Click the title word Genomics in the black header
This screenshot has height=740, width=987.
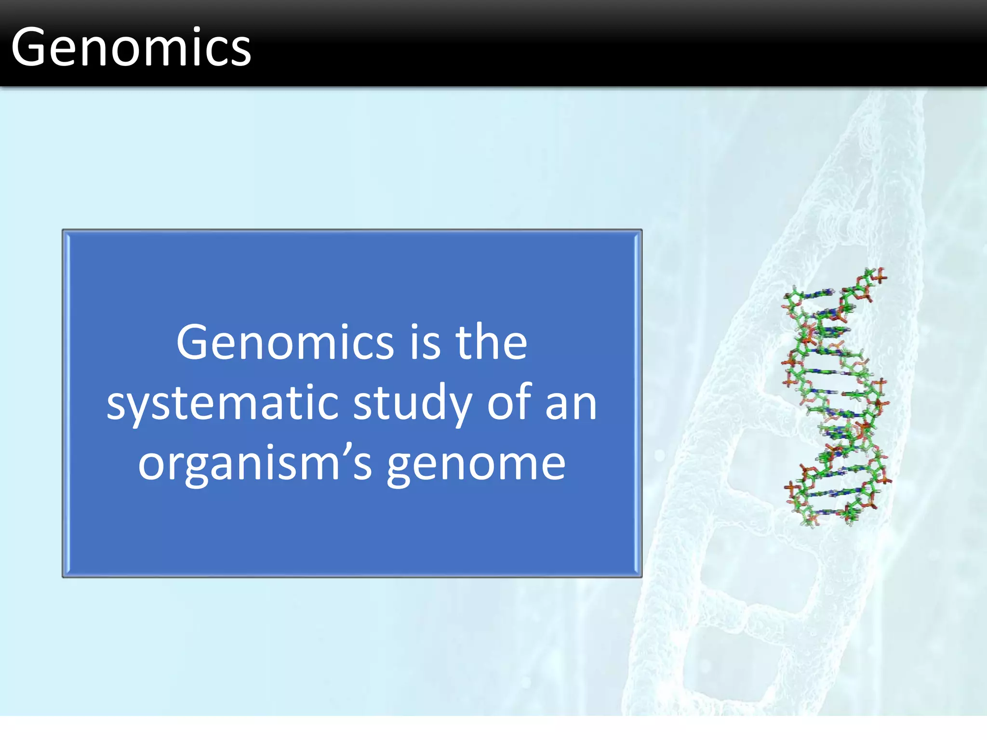pyautogui.click(x=131, y=47)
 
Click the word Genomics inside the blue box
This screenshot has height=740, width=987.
pyautogui.click(x=285, y=342)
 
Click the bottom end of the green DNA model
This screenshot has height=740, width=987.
pyautogui.click(x=814, y=523)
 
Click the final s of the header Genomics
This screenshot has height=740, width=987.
pyautogui.click(x=241, y=52)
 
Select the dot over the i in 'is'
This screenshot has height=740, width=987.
pyautogui.click(x=414, y=326)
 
